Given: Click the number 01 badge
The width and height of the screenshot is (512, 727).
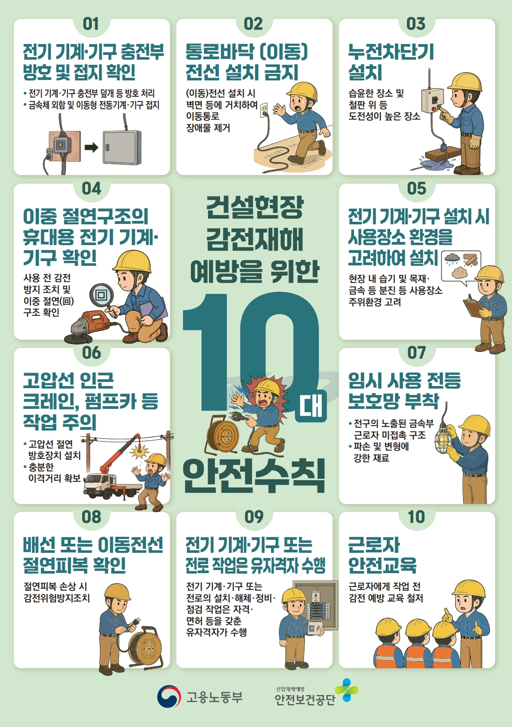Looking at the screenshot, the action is pyautogui.click(x=91, y=24).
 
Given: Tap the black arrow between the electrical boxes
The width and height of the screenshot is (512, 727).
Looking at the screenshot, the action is pyautogui.click(x=91, y=148).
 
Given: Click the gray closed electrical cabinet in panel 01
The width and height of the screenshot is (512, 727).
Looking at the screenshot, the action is pyautogui.click(x=122, y=148).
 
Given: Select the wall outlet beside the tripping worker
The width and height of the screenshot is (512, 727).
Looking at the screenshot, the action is pyautogui.click(x=264, y=109).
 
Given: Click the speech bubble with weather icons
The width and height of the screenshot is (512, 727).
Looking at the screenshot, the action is pyautogui.click(x=461, y=267).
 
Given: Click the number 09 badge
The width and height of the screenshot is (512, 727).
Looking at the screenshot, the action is pyautogui.click(x=254, y=517).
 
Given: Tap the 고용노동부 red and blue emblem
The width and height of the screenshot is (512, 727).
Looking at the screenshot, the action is pyautogui.click(x=169, y=696).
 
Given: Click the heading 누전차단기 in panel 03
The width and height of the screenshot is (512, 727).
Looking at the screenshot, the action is pyautogui.click(x=390, y=52).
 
